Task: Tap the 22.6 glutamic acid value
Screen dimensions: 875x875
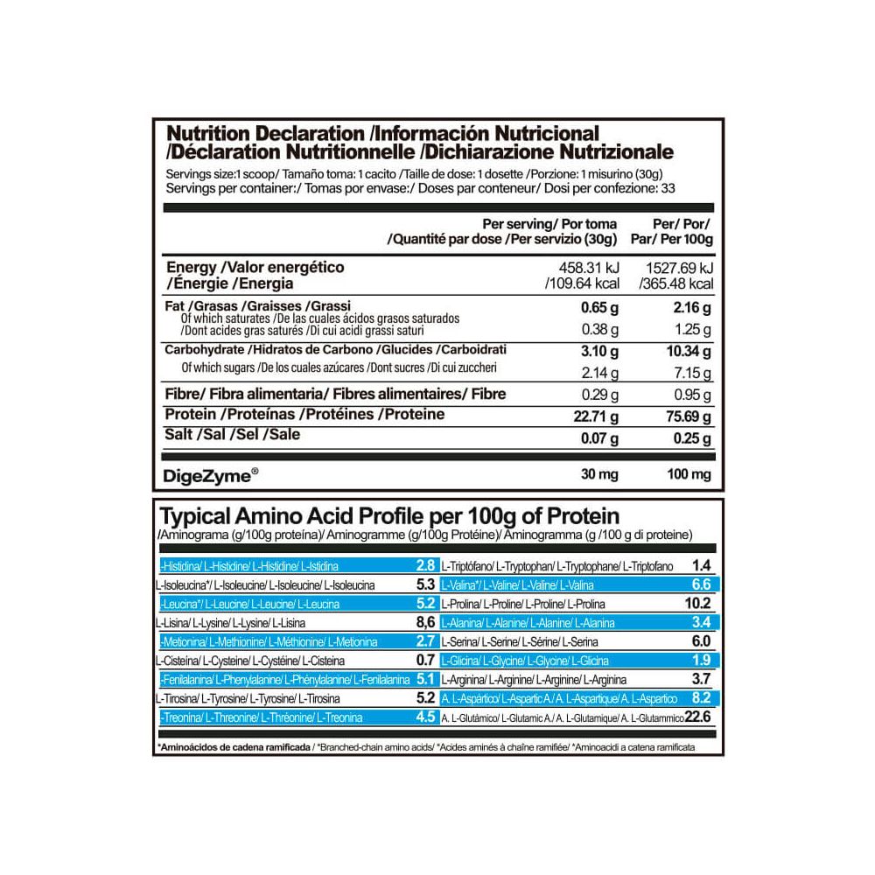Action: [702, 718]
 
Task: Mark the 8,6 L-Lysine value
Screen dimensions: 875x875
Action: [426, 623]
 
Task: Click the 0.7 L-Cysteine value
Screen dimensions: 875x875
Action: [426, 661]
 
